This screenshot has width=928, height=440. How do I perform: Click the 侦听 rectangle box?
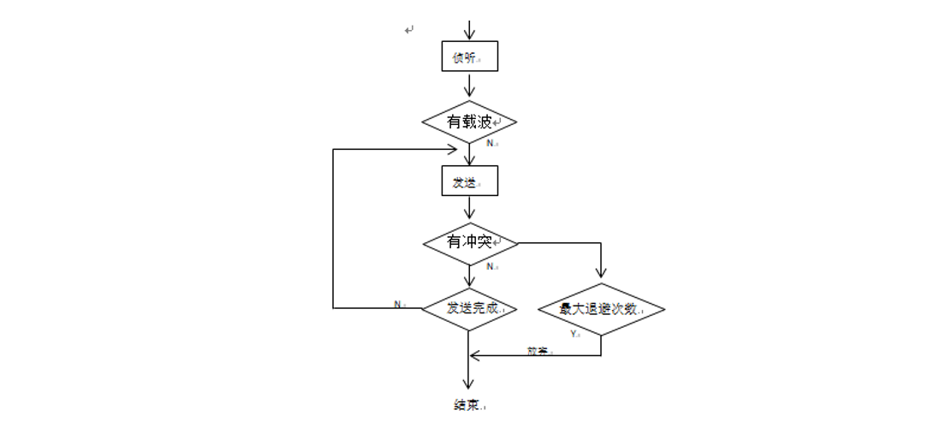pos(469,56)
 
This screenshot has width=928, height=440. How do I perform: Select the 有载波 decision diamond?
pos(469,122)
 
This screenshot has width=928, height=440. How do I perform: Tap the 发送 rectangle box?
pos(469,181)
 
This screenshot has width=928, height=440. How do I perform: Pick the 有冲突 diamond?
pos(470,243)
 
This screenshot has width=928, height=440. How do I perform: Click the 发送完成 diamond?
pos(470,308)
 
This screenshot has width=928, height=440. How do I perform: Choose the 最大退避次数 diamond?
pos(601,309)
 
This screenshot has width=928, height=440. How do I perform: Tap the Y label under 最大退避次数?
pos(574,334)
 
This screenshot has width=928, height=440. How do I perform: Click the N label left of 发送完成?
pos(398,304)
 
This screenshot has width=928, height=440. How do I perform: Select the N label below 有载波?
pos(491,143)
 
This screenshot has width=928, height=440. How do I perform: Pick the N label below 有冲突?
pos(491,266)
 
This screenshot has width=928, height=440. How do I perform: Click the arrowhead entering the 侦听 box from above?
pos(469,36)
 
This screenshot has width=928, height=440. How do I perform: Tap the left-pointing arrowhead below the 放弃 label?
pos(476,356)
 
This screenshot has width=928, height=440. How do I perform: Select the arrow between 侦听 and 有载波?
pos(469,85)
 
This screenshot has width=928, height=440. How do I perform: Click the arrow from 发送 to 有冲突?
pos(469,208)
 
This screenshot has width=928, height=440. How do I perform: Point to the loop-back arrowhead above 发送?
pos(451,149)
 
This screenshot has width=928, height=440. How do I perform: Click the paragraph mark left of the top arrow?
pos(409,31)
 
